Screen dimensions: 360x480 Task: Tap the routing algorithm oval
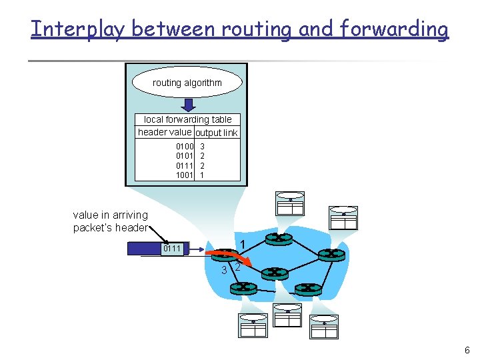pyautogui.click(x=187, y=83)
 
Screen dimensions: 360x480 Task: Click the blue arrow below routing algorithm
pyautogui.click(x=189, y=105)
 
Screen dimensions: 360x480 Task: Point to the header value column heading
pyautogui.click(x=164, y=132)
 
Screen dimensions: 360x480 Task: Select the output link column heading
pyautogui.click(x=216, y=133)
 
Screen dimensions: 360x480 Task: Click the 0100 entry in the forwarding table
pyautogui.click(x=184, y=145)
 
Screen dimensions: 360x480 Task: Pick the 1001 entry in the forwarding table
pyautogui.click(x=184, y=175)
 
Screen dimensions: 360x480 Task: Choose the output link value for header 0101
pyautogui.click(x=202, y=155)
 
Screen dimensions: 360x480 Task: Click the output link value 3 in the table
pyautogui.click(x=202, y=145)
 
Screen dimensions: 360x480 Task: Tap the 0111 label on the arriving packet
pyautogui.click(x=172, y=249)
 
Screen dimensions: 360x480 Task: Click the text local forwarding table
pyautogui.click(x=187, y=119)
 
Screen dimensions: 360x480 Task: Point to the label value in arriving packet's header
pyautogui.click(x=110, y=221)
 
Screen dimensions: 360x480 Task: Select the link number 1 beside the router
pyautogui.click(x=243, y=244)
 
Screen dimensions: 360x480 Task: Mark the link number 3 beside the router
pyautogui.click(x=224, y=270)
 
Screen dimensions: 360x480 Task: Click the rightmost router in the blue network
pyautogui.click(x=329, y=254)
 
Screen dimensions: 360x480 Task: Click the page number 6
pyautogui.click(x=467, y=351)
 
